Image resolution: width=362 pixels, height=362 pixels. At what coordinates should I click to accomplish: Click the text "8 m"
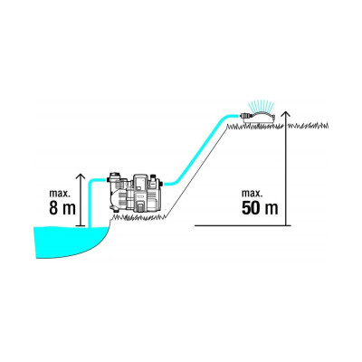pyautogui.click(x=62, y=207)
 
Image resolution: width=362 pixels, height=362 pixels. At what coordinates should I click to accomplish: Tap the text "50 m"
pyautogui.click(x=260, y=207)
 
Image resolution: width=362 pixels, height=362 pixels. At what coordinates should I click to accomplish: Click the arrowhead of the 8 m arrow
pyautogui.click(x=81, y=176)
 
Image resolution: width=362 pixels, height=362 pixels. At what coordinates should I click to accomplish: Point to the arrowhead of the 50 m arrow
pyautogui.click(x=286, y=114)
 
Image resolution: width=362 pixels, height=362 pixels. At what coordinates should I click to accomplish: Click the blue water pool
pyautogui.click(x=71, y=242)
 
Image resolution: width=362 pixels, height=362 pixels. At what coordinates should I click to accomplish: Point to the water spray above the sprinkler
pyautogui.click(x=261, y=106)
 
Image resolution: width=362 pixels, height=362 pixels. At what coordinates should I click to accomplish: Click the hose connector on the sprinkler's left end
pyautogui.click(x=245, y=116)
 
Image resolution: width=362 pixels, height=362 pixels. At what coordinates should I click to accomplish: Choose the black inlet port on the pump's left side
pyautogui.click(x=109, y=180)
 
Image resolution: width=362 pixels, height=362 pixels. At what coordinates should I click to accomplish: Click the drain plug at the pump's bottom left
pyautogui.click(x=114, y=209)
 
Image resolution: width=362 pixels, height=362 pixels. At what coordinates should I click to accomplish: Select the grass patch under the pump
pyautogui.click(x=139, y=216)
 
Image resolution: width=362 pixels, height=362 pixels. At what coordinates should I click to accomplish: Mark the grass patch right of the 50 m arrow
pyautogui.click(x=309, y=125)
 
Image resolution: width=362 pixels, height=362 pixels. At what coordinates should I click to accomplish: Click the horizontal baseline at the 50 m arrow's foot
pyautogui.click(x=243, y=225)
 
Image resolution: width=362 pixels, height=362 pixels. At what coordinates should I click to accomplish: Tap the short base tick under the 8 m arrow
pyautogui.click(x=81, y=225)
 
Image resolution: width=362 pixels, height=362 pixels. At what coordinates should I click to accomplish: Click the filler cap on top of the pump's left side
pyautogui.click(x=115, y=176)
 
